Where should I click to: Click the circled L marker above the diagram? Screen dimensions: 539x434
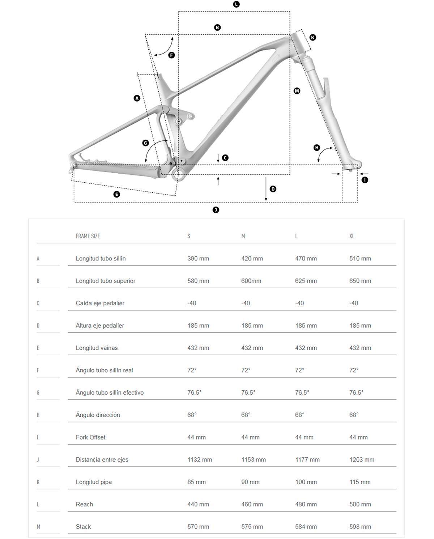(x=236, y=4)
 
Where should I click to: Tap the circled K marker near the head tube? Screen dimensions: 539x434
(x=312, y=37)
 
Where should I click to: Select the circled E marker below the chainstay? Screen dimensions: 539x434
(x=116, y=194)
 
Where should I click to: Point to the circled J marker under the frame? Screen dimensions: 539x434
(x=216, y=210)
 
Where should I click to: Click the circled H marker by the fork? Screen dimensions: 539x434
(x=317, y=148)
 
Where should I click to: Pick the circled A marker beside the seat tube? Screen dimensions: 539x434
(x=137, y=98)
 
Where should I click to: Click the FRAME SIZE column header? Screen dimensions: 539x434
(x=88, y=236)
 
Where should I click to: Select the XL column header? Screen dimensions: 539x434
(x=352, y=236)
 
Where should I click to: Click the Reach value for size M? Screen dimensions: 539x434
(x=252, y=504)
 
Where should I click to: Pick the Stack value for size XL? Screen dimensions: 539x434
(x=360, y=527)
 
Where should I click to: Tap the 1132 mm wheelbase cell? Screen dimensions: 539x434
(x=200, y=460)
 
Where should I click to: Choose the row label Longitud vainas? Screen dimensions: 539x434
(x=97, y=348)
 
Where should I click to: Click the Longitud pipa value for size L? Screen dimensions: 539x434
(x=306, y=482)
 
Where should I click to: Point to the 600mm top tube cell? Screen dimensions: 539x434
(x=251, y=281)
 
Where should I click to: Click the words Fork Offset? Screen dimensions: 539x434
(x=90, y=437)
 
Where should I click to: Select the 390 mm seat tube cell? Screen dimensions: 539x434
(x=198, y=259)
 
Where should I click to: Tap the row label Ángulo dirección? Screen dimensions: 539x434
(x=98, y=415)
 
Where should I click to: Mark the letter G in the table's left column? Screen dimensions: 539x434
(x=38, y=392)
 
